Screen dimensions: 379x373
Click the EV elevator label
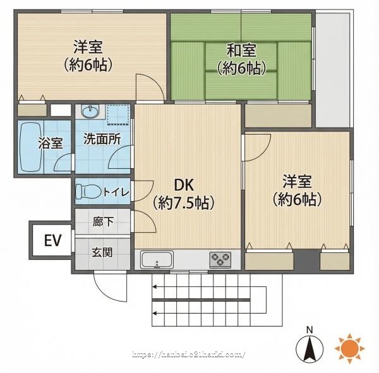pos(52,240)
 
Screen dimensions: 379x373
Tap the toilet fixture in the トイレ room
pos(88,192)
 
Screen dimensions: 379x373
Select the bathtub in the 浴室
pos(30,147)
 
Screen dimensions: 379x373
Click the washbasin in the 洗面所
pos(90,112)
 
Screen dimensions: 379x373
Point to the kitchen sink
pos(157,260)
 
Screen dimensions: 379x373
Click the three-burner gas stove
pos(220,260)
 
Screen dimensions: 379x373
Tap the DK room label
pos(184,185)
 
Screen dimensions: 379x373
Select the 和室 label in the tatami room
pos(241,51)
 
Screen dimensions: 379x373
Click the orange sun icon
pos(349,348)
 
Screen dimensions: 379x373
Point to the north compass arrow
pos(310,348)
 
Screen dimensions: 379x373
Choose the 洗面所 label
pos(102,139)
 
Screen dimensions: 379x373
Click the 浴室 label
pos(51,144)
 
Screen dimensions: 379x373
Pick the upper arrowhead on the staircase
pos(155,287)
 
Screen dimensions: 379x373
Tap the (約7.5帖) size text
pos(184,203)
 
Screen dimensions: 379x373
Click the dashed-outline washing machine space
pos(118,114)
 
